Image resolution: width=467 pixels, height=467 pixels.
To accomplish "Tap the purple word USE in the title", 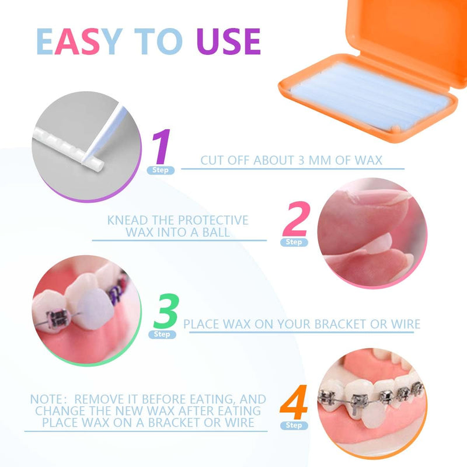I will click(228, 41).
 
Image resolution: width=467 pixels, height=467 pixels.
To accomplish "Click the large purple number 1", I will click(161, 148).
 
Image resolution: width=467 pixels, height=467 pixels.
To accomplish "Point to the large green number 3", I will click(167, 312).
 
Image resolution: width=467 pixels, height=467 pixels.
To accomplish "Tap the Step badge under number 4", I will click(294, 426).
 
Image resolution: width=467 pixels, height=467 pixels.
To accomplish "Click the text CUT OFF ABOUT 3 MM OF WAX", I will click(291, 160).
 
